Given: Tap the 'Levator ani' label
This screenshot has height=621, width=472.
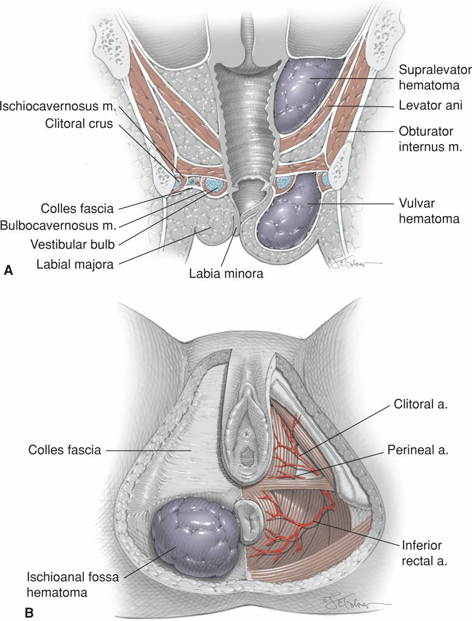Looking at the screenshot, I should coord(431,105).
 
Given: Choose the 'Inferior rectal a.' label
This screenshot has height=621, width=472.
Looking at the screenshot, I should coord(423,552).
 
